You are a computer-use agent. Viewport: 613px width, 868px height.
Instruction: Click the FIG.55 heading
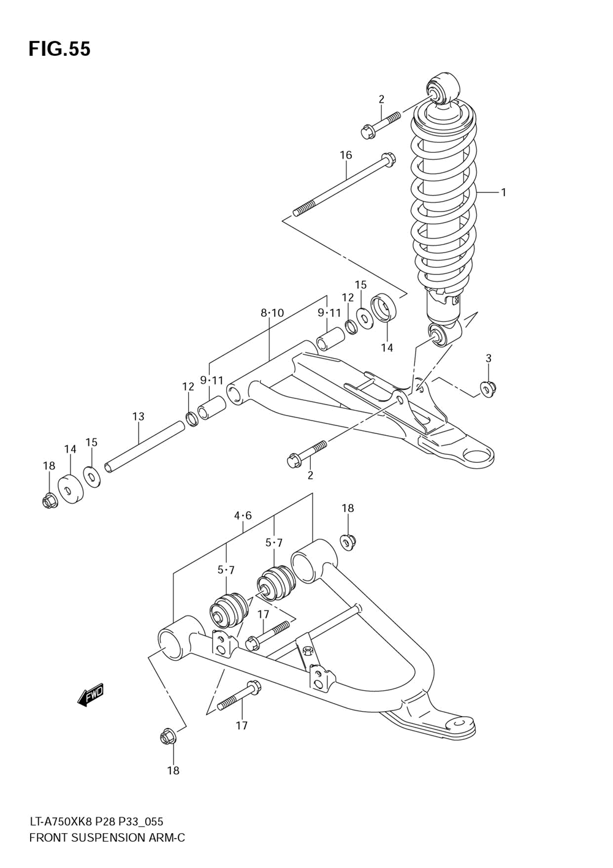pyautogui.click(x=59, y=49)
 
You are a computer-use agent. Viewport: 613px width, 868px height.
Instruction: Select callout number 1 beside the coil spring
pyautogui.click(x=503, y=192)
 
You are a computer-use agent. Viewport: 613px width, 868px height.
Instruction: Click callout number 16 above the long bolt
pyautogui.click(x=346, y=155)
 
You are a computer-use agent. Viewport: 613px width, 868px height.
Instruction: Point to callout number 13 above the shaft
pyautogui.click(x=139, y=417)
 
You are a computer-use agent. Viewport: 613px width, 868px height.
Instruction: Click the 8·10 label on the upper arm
pyautogui.click(x=272, y=313)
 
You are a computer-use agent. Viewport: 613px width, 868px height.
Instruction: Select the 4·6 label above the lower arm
pyautogui.click(x=243, y=516)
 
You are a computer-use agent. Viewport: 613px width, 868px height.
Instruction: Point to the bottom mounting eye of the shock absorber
pyautogui.click(x=444, y=335)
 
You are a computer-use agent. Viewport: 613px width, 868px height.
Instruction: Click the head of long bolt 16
pyautogui.click(x=388, y=159)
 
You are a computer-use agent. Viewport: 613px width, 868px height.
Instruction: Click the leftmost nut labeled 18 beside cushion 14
pyautogui.click(x=49, y=500)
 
